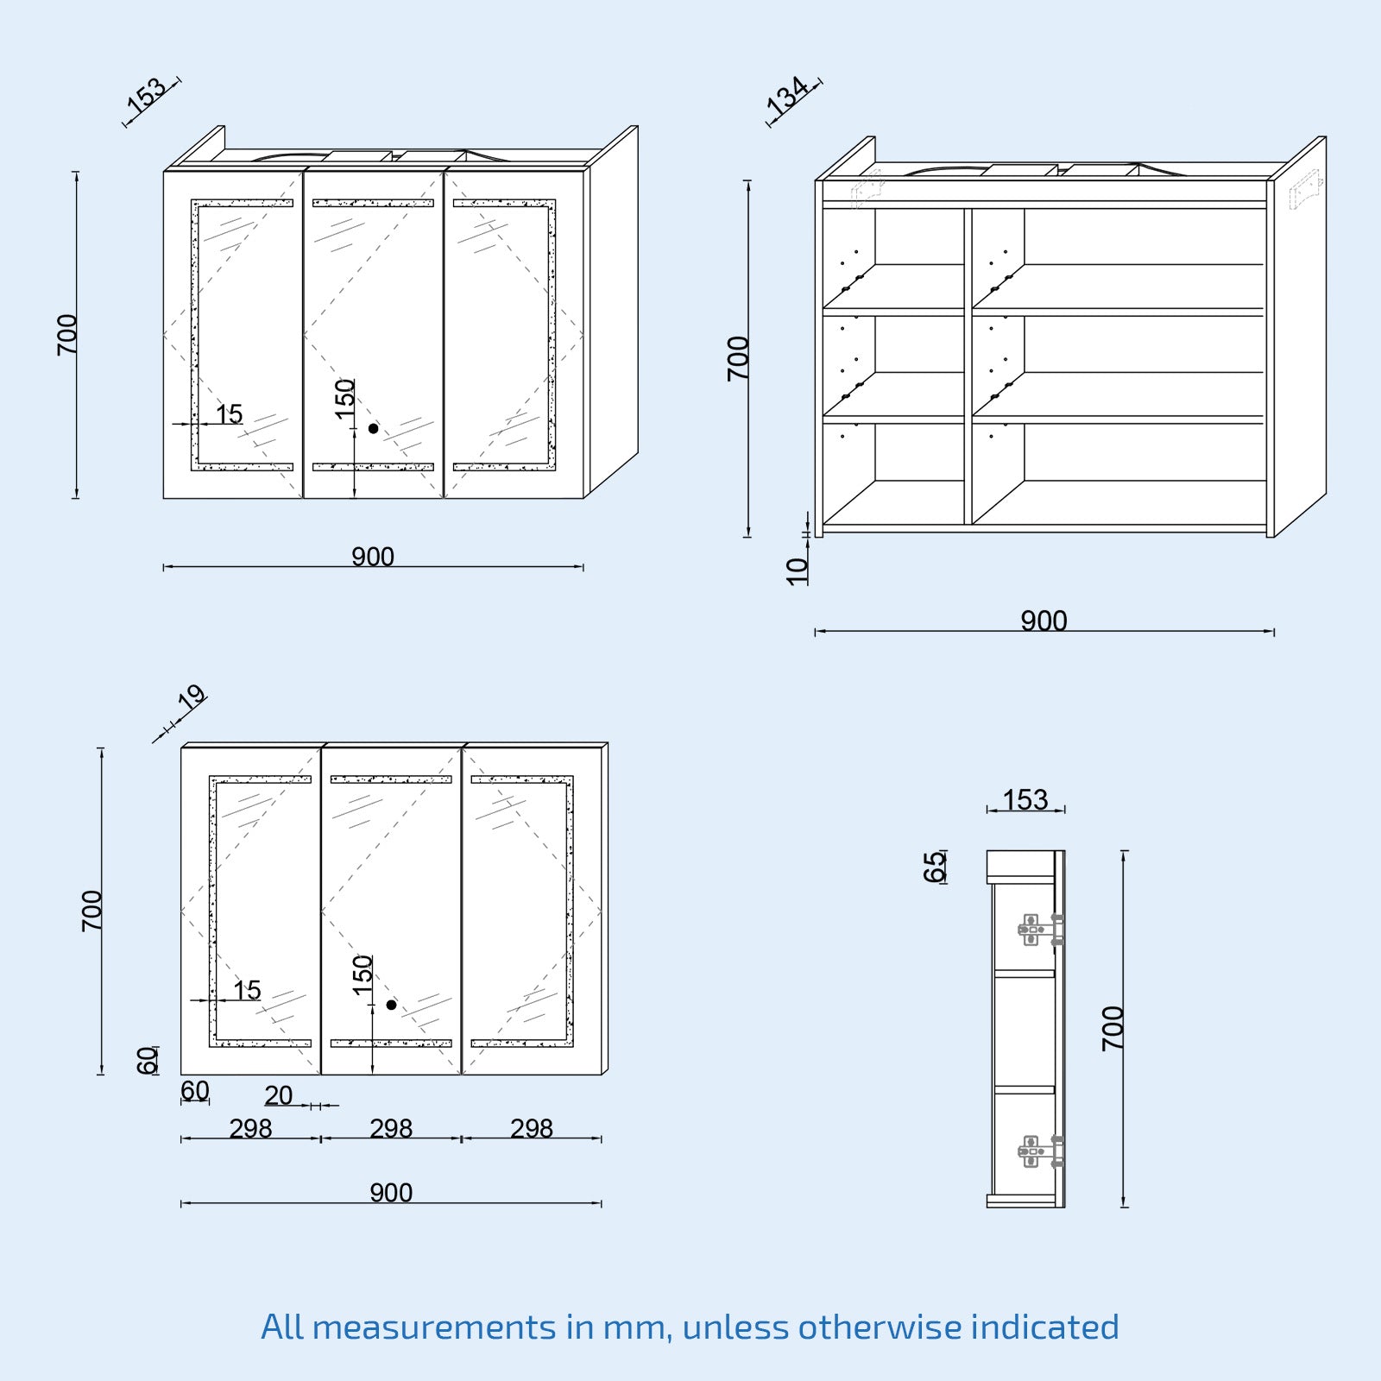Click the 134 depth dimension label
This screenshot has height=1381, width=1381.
[787, 97]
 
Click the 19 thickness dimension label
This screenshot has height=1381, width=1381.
[192, 697]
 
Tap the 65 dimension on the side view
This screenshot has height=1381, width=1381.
[934, 867]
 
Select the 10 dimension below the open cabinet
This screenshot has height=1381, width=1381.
[798, 571]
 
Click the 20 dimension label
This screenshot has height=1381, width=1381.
[279, 1095]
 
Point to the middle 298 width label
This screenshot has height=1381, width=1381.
[391, 1128]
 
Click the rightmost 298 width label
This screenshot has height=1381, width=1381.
[531, 1128]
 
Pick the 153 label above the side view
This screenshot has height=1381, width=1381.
[1025, 800]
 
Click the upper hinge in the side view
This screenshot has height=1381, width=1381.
[1040, 930]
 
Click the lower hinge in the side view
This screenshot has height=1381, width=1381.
[1040, 1151]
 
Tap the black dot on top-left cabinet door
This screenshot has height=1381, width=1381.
[373, 428]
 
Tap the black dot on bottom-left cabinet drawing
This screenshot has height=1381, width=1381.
[391, 1005]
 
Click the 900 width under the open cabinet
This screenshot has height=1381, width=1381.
[1044, 621]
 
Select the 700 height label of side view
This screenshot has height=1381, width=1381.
[1113, 1028]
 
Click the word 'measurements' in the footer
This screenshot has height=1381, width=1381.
[434, 1327]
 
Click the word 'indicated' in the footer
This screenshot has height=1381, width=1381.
[1044, 1327]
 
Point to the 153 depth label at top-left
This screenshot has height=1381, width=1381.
[146, 95]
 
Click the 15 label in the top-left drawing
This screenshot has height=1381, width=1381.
[229, 414]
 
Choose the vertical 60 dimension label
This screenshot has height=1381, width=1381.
[148, 1060]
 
